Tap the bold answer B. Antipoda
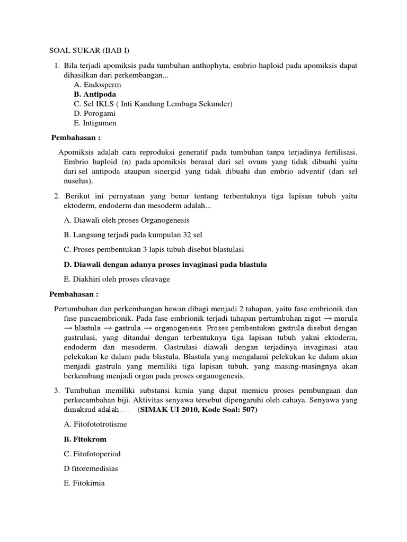pyautogui.click(x=95, y=94)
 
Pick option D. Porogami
pyautogui.click(x=95, y=113)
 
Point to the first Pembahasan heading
pyautogui.click(x=75, y=138)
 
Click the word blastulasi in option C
pyautogui.click(x=226, y=249)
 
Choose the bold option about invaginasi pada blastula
pyautogui.click(x=165, y=264)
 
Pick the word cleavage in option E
pyautogui.click(x=154, y=279)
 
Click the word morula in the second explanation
pyautogui.click(x=344, y=319)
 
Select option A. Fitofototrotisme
pyautogui.click(x=95, y=424)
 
